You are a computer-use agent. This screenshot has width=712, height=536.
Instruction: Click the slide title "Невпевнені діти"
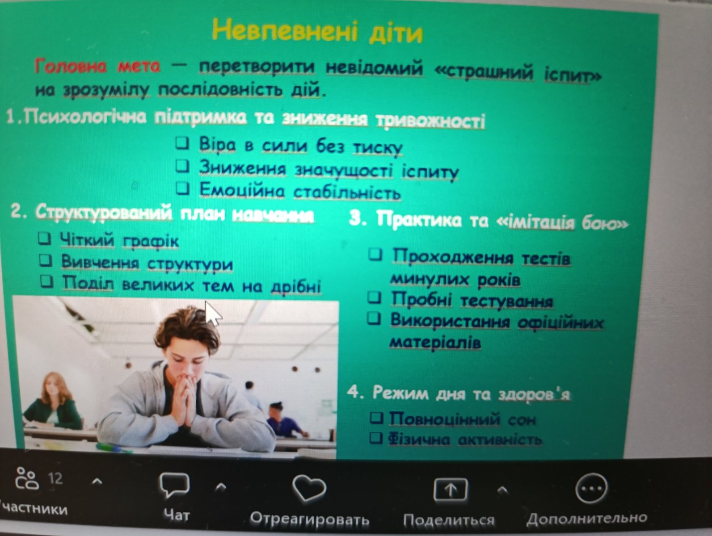pos(317,31)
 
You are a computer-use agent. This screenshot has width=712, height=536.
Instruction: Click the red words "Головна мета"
pos(97,66)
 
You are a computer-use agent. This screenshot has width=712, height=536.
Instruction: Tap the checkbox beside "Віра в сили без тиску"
pos(183,143)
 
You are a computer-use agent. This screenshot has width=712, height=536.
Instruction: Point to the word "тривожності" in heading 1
pos(431,121)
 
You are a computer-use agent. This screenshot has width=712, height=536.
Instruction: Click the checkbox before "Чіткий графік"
pos(45,239)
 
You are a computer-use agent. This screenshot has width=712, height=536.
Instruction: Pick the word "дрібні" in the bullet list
pos(296,286)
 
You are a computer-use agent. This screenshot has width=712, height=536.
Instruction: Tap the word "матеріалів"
pos(435,343)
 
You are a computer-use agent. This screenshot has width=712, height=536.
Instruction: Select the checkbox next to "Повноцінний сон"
pos(377,417)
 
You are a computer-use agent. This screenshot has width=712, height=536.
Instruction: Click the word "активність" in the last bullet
pos(500,440)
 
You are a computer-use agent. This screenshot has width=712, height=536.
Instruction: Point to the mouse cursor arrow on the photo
pos(213,313)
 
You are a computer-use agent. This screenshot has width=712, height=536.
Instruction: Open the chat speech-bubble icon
pos(175,485)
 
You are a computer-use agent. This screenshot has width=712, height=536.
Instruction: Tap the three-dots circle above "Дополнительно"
pos(591,488)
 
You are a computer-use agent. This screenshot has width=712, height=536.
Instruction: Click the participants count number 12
pos(55,478)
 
